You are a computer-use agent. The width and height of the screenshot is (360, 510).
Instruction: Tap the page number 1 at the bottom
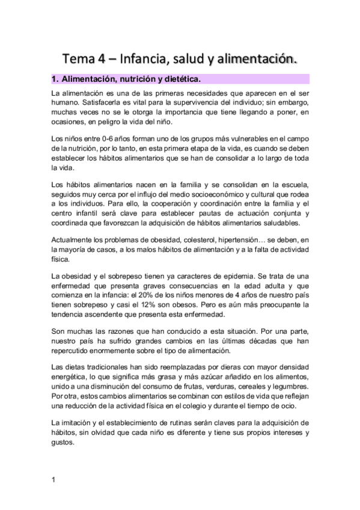tap(53, 479)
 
